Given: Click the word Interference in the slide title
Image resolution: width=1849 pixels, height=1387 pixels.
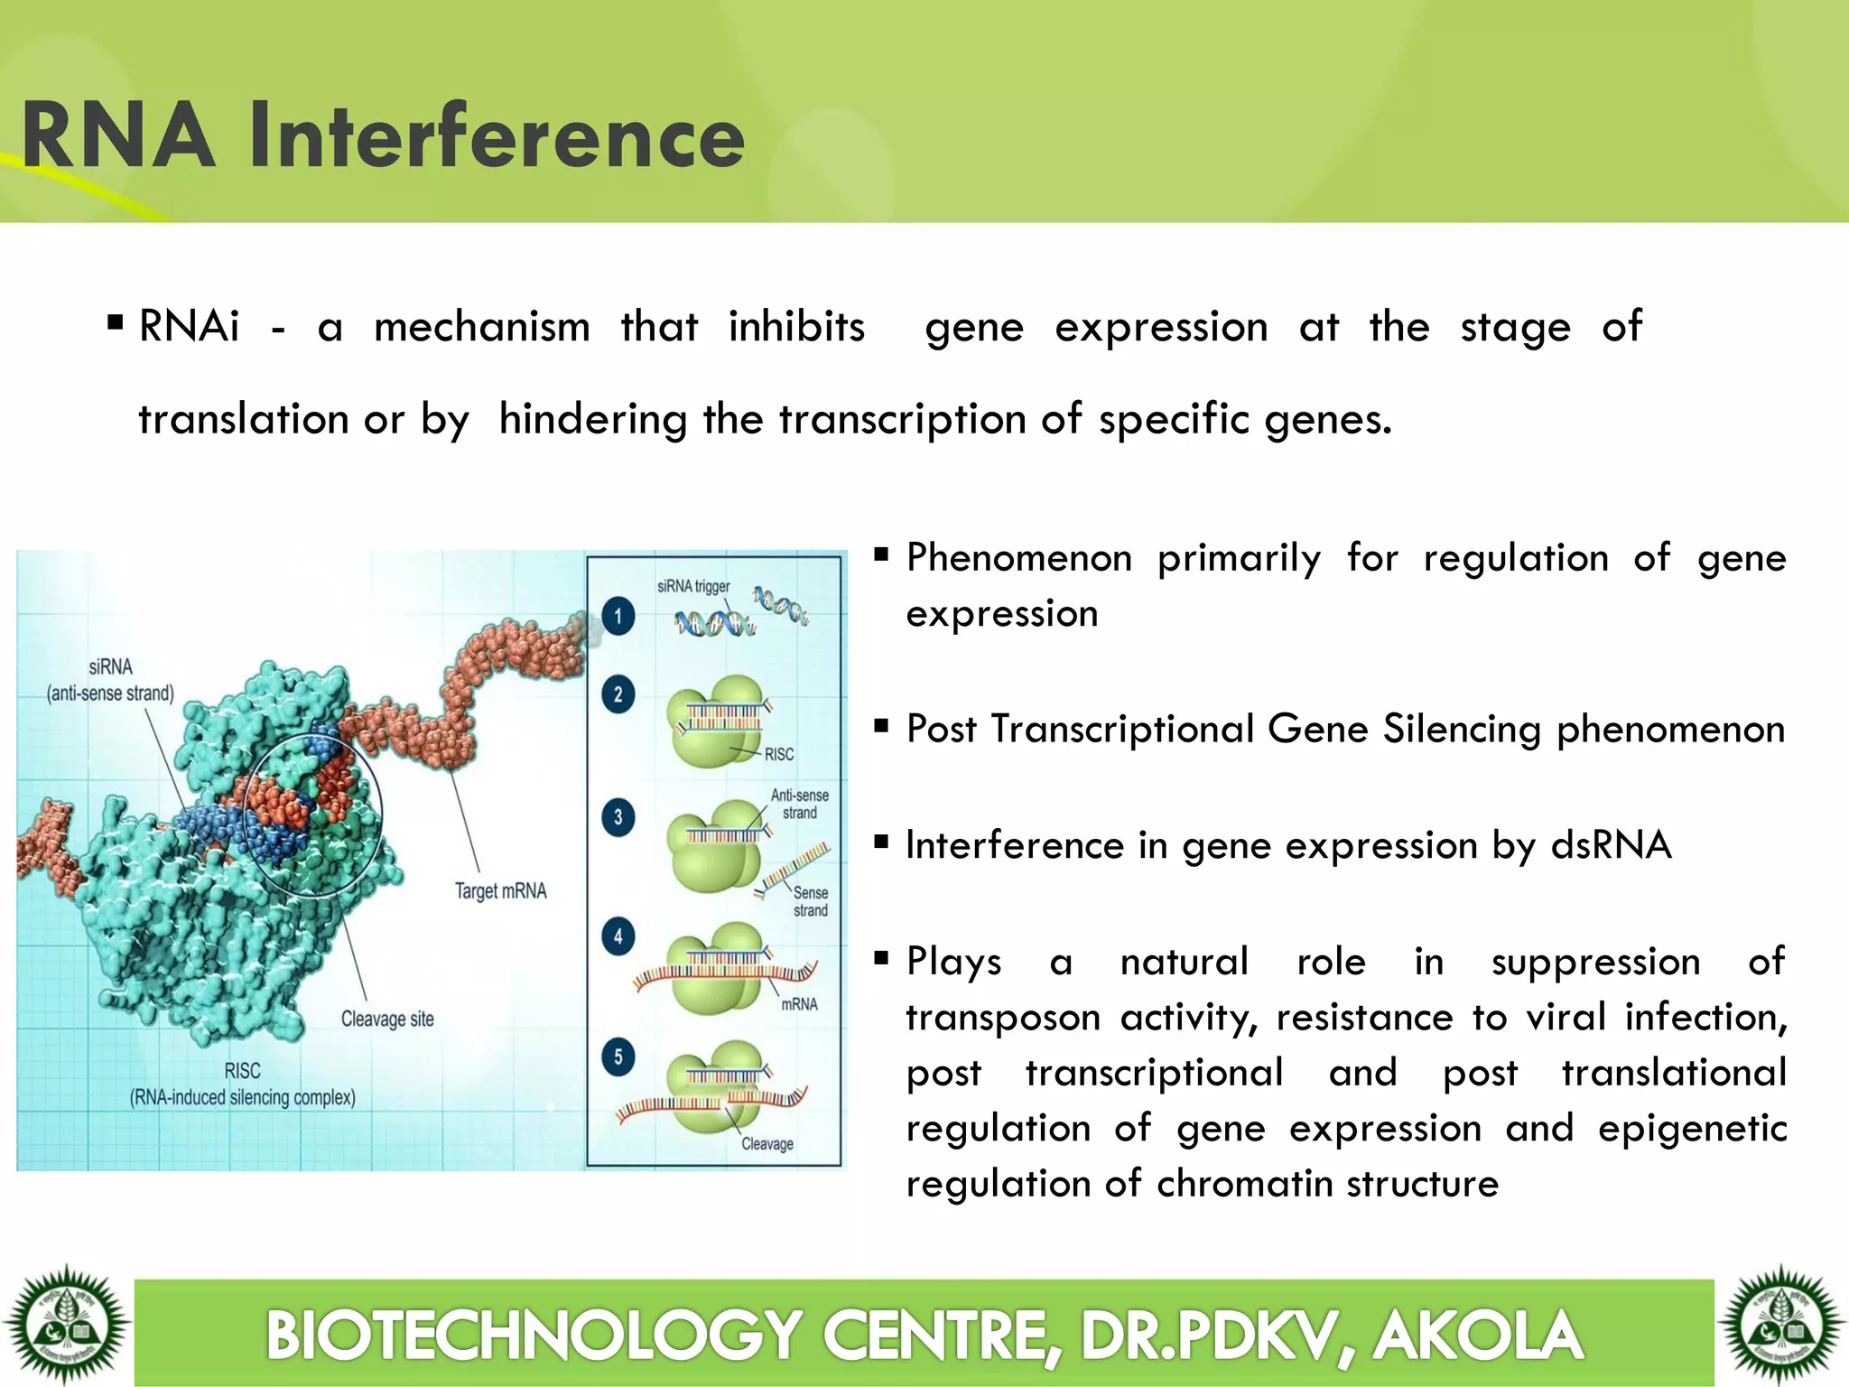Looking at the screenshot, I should pos(497,135).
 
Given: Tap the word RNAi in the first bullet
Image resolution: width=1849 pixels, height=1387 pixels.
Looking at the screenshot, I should pos(189,326).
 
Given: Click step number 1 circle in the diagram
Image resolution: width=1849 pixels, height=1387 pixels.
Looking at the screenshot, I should pos(618,617).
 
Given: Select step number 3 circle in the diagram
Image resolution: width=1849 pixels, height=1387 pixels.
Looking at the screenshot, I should pos(618,818).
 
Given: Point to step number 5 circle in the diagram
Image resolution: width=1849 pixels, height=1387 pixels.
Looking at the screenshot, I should pos(618,1057).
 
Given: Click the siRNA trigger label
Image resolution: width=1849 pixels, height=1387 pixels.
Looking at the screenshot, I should pos(692,586).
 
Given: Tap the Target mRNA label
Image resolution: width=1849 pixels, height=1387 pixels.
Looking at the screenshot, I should pos(500,891).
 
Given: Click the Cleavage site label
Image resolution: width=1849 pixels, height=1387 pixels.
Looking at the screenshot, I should pos(387,1019).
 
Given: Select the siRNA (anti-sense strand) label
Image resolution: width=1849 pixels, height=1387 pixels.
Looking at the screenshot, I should pos(110,680).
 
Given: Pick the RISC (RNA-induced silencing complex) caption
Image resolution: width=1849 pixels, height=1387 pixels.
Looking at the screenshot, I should pos(242,1084).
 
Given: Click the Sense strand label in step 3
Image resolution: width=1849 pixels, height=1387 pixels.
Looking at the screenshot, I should pos(810,901).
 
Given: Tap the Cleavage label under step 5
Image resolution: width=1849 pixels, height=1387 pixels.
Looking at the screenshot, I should pos(767,1144).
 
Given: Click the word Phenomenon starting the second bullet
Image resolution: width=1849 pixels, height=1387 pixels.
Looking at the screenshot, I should pos(1018,558).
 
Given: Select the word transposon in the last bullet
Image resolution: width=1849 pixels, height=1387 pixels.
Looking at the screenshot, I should pos(1002,1018).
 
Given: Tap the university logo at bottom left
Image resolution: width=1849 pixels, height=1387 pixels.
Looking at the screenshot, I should pos(66,1325).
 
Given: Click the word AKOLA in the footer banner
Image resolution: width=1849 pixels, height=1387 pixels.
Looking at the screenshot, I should pos(1477,1335).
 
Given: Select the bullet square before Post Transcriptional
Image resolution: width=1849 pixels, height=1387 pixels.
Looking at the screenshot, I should pos(882,725).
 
